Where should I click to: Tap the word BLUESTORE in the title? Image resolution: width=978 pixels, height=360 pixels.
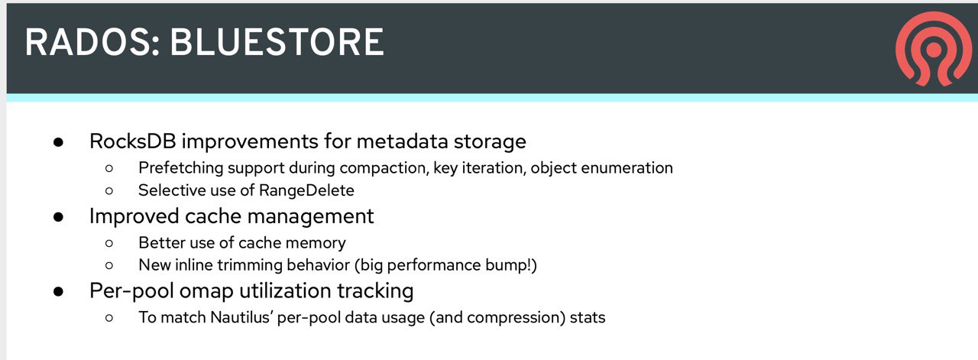[x=277, y=42]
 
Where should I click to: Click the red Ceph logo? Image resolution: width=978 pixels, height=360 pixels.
[x=933, y=48]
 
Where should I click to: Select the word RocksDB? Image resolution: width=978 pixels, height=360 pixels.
[x=133, y=141]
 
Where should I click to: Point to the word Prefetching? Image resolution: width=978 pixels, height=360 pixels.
[x=181, y=168]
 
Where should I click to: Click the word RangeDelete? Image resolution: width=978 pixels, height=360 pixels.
[x=306, y=190]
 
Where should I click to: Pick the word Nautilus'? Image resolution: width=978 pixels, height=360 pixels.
[x=241, y=317]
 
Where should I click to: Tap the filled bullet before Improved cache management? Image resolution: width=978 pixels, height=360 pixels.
[x=59, y=217]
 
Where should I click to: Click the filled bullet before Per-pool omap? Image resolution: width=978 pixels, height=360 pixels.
[x=59, y=291]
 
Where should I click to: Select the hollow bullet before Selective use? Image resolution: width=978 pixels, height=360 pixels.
[x=109, y=191]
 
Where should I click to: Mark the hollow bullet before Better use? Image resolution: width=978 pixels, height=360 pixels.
[x=109, y=243]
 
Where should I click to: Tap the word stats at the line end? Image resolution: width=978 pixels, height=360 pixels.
[x=588, y=317]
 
